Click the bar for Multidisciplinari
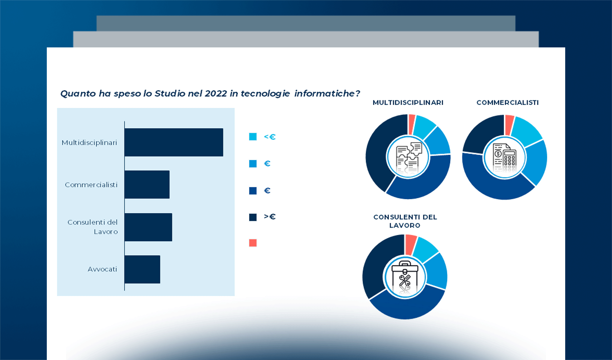174,142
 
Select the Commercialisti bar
147,184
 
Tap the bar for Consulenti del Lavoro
148,227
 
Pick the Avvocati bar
142,269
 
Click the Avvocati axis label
102,269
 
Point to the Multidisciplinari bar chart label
89,142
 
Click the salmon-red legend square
253,243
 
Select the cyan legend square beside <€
253,137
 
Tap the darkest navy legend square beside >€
253,217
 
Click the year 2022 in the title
216,94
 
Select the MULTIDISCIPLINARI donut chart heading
408,103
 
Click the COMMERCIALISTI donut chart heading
508,103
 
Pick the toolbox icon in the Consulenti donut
405,277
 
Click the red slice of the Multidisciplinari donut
412,124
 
